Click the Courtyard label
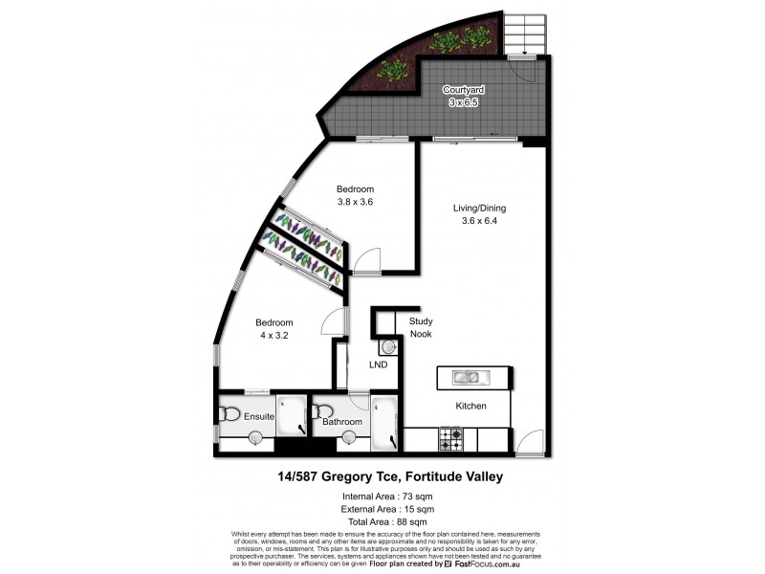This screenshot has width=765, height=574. click(x=463, y=90)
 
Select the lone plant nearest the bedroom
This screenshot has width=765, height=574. click(x=391, y=70)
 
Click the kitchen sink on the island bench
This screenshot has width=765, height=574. click(x=467, y=378)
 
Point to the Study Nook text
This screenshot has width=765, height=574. click(x=421, y=328)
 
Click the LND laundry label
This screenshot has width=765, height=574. click(x=379, y=365)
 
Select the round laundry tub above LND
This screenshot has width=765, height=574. click(x=389, y=345)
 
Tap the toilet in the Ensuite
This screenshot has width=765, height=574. click(x=230, y=414)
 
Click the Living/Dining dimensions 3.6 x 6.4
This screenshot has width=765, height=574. click(x=479, y=222)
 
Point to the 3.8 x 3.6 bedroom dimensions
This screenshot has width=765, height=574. click(x=354, y=202)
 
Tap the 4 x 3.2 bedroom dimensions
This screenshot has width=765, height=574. click(x=273, y=336)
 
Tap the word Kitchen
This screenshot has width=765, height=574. click(x=470, y=407)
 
